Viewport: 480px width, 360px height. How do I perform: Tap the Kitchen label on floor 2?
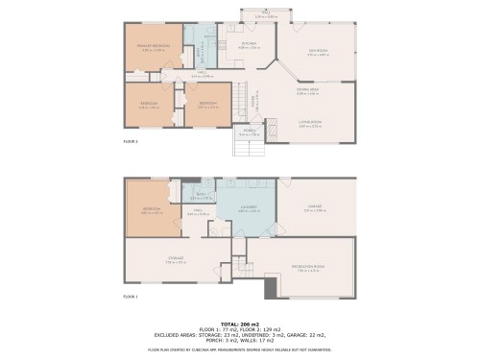[248, 44]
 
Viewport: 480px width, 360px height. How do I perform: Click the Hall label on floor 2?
[203, 74]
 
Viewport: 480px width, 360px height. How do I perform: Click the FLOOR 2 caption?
[131, 141]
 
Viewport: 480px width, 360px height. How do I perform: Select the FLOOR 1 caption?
[131, 297]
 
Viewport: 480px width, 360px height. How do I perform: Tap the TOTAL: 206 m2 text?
[239, 324]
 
